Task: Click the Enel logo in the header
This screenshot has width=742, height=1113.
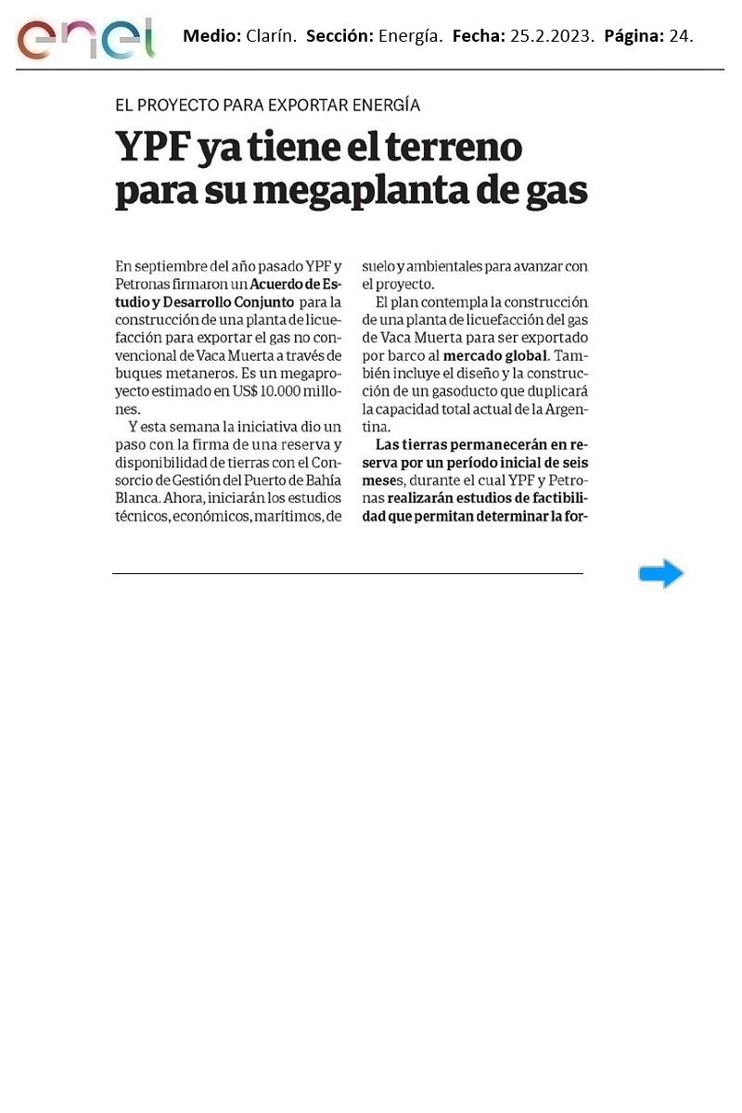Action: [x=85, y=38]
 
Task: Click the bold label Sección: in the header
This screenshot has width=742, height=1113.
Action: [x=339, y=37]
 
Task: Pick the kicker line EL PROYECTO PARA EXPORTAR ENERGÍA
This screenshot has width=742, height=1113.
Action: [x=267, y=106]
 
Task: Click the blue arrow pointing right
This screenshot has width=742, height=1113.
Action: [x=660, y=574]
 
